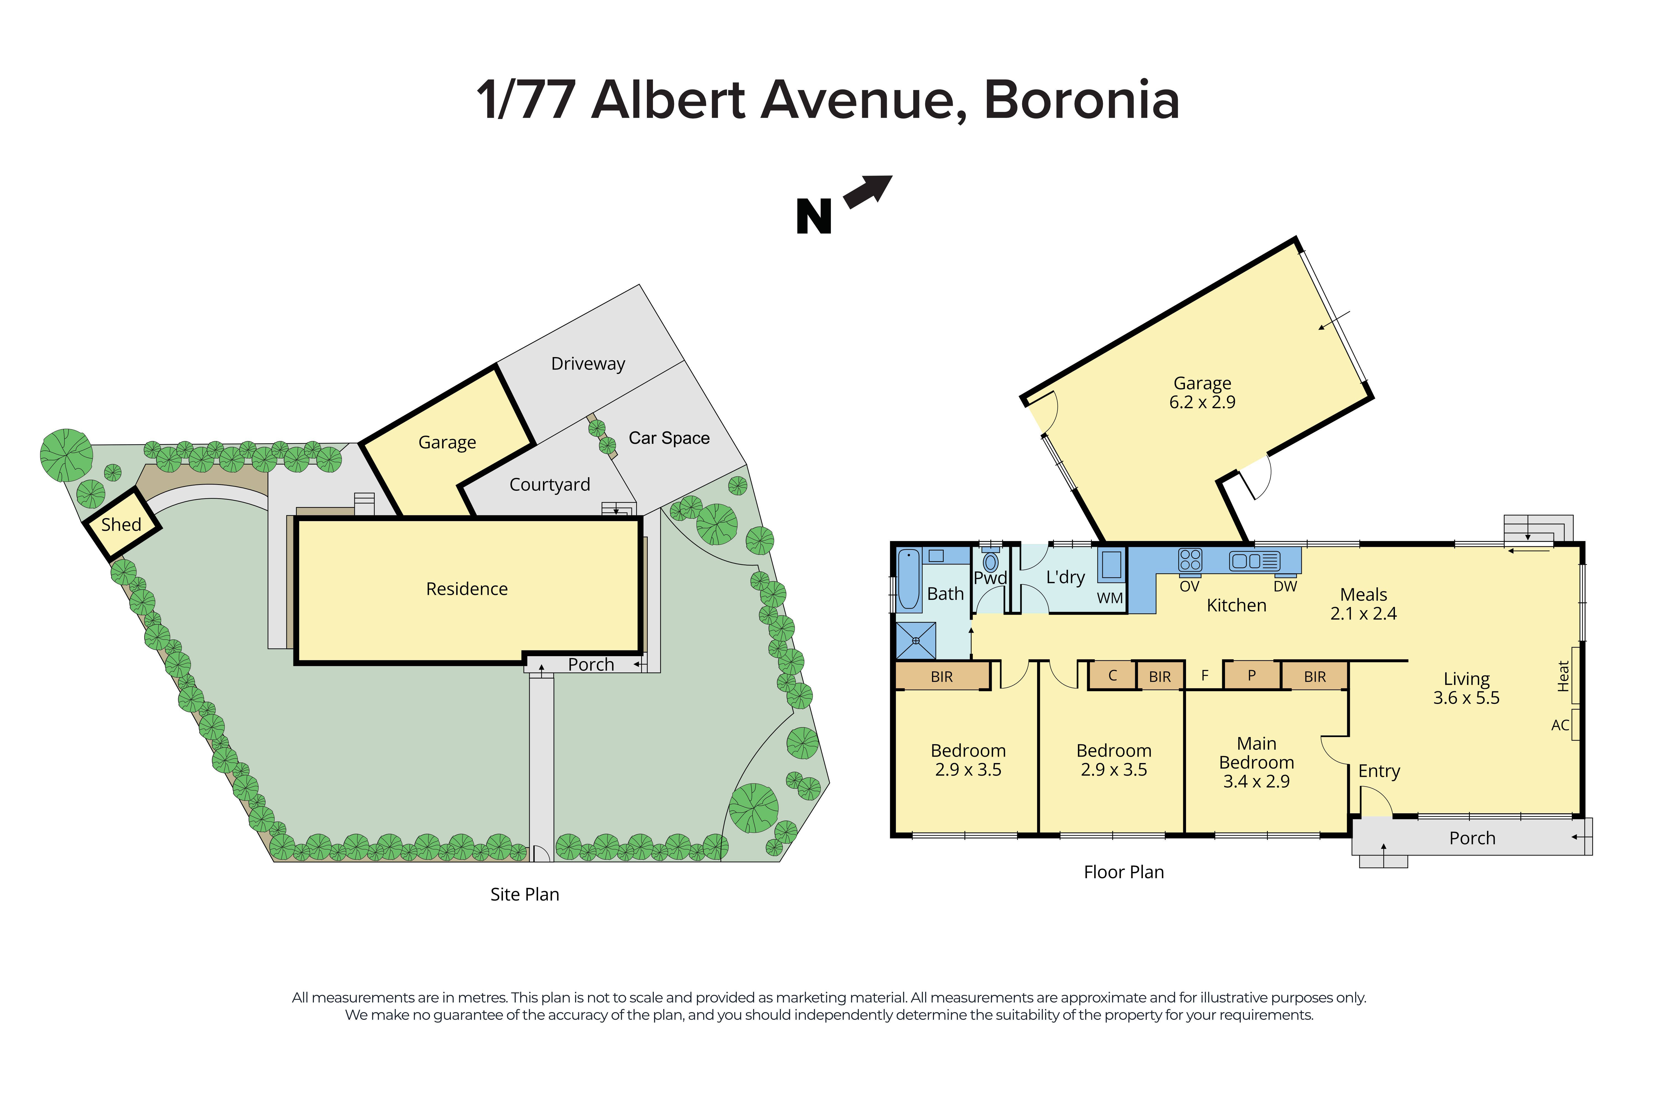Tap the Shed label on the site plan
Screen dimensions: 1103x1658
tap(121, 525)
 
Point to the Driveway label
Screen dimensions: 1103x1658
tap(587, 364)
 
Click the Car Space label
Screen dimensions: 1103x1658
tap(668, 438)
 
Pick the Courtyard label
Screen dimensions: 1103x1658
tap(550, 485)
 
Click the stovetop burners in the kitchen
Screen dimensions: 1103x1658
tap(1190, 560)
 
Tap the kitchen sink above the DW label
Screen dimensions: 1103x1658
tap(1254, 561)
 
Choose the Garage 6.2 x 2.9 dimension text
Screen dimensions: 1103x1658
tap(1202, 402)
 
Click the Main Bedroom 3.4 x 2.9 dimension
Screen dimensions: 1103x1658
tap(1256, 782)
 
